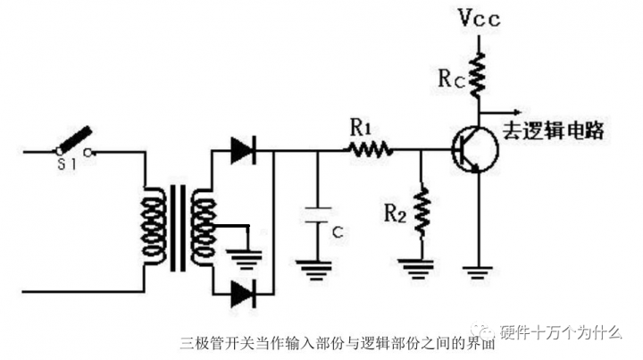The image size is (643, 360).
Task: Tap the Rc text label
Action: (452, 79)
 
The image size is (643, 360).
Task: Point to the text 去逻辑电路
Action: (555, 130)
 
